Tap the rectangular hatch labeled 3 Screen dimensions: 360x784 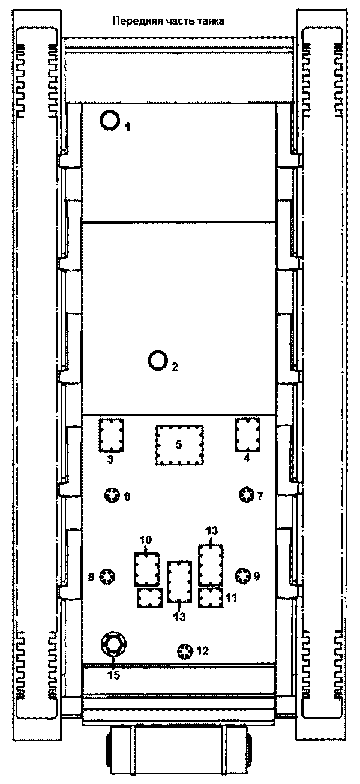tap(111, 435)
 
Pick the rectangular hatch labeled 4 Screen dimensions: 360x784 tap(247, 435)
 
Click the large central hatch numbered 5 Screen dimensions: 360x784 tap(179, 445)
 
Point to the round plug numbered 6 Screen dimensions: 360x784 tap(112, 495)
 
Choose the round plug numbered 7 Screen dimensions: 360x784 tap(246, 495)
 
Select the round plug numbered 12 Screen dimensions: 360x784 tap(185, 651)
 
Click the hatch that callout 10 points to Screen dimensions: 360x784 tap(147, 569)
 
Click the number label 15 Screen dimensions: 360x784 tap(113, 675)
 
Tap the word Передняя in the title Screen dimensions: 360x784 tap(136, 22)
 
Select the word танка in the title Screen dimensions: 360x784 tap(210, 22)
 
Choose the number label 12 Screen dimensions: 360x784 tap(202, 651)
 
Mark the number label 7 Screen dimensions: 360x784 tap(260, 495)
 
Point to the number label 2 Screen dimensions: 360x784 tap(175, 367)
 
